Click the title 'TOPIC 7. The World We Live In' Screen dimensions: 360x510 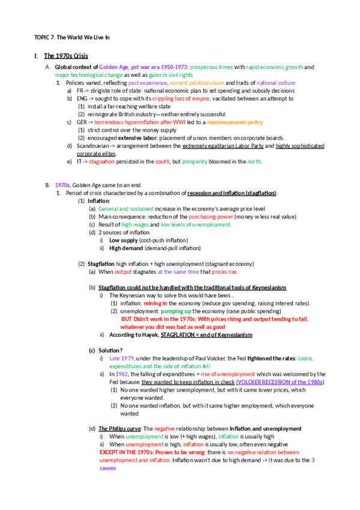(72, 37)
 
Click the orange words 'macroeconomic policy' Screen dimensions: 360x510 (235, 121)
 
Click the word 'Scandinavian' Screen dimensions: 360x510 (94, 146)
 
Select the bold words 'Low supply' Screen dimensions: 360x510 (123, 239)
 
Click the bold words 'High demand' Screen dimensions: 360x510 (126, 247)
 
